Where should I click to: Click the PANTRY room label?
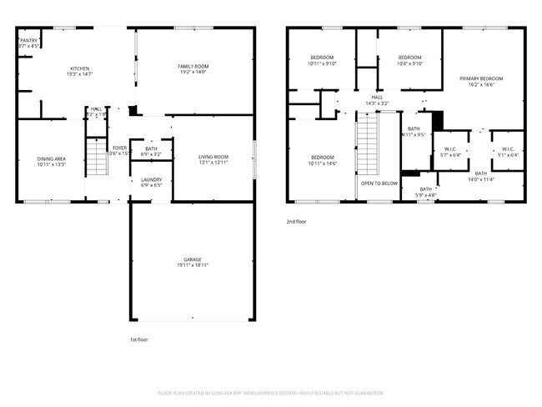(28, 39)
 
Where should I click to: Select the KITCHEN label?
(79, 68)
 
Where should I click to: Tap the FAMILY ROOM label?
(193, 66)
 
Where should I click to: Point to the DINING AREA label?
(51, 158)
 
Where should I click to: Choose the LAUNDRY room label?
(151, 179)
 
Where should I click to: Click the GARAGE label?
(192, 259)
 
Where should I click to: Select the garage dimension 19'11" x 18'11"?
(192, 265)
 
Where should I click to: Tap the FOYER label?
(120, 148)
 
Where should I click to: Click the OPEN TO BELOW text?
(379, 183)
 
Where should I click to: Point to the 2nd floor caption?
(296, 222)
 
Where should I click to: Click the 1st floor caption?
(138, 339)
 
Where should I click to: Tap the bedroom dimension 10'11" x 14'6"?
(322, 163)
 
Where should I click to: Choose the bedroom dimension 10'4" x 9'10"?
(410, 63)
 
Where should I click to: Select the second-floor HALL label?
(377, 97)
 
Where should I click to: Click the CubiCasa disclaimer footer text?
(270, 392)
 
